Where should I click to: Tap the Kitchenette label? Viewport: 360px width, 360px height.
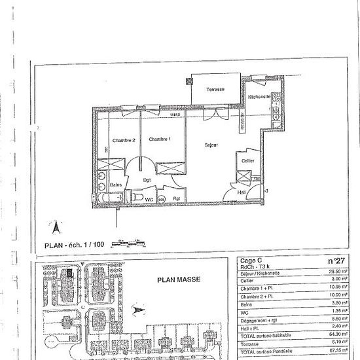tap(261, 98)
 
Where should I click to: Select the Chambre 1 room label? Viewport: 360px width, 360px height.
tap(159, 139)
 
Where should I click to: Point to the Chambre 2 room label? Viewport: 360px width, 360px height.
tap(123, 139)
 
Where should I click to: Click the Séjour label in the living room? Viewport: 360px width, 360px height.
tap(210, 145)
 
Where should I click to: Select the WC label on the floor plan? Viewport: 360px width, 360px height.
tap(149, 198)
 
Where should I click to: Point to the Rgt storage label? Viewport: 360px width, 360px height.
tap(176, 198)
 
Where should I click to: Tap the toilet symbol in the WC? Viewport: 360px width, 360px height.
tap(136, 195)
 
